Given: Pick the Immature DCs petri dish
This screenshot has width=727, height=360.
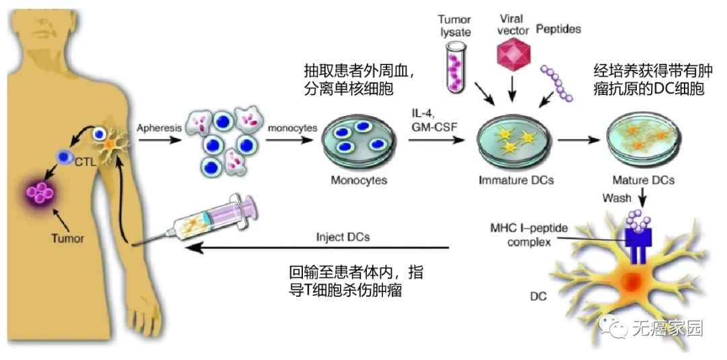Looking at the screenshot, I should click(516, 142).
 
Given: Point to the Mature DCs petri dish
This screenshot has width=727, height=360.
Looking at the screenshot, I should click(643, 139).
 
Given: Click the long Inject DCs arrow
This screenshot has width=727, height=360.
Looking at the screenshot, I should click(316, 248).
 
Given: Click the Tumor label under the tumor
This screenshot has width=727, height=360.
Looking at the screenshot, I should click(67, 238).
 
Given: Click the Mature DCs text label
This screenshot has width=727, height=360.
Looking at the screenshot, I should click(643, 180).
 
